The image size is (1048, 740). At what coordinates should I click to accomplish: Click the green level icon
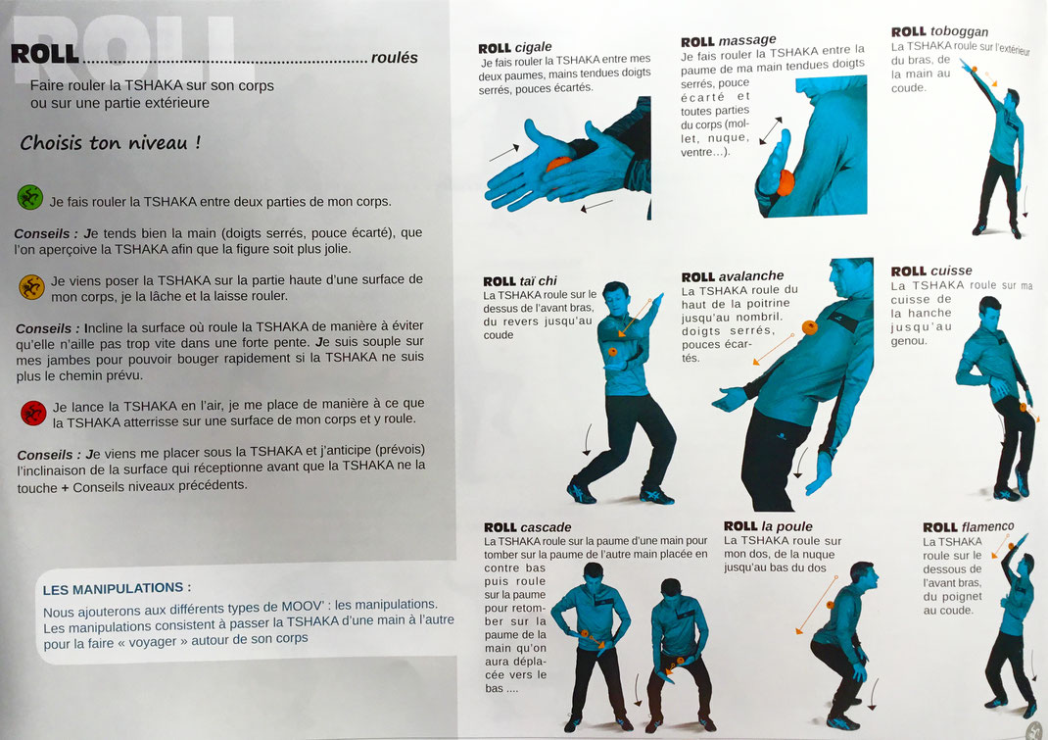click(x=29, y=197)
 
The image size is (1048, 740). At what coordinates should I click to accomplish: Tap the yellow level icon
click(x=32, y=287)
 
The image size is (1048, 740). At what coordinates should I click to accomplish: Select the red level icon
click(x=33, y=413)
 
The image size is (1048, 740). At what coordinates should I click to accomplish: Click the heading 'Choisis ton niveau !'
click(x=111, y=142)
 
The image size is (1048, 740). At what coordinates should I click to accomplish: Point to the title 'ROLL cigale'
click(x=514, y=47)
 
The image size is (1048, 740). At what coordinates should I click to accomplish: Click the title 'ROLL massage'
click(x=729, y=41)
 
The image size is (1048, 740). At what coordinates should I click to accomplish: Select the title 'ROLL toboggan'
click(x=939, y=31)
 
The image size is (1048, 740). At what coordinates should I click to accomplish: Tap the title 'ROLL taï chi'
click(x=520, y=281)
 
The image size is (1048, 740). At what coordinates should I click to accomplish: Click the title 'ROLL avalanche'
click(x=733, y=276)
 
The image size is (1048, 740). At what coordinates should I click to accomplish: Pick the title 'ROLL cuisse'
click(x=931, y=271)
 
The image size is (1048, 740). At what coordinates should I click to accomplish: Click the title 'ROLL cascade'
click(x=527, y=527)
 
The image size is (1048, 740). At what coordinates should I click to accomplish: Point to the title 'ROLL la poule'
click(x=768, y=526)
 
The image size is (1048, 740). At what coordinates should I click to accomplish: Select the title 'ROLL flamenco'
click(x=969, y=527)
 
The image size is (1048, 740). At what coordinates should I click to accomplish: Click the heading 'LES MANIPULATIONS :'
click(x=117, y=589)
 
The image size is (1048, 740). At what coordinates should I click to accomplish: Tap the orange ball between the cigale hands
click(x=558, y=165)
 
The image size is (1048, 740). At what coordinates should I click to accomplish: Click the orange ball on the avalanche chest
click(x=809, y=327)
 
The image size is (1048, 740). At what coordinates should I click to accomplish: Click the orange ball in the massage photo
click(x=785, y=182)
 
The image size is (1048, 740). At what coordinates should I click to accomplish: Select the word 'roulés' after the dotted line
click(x=395, y=58)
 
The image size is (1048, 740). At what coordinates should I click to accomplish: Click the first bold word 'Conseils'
click(x=41, y=233)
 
